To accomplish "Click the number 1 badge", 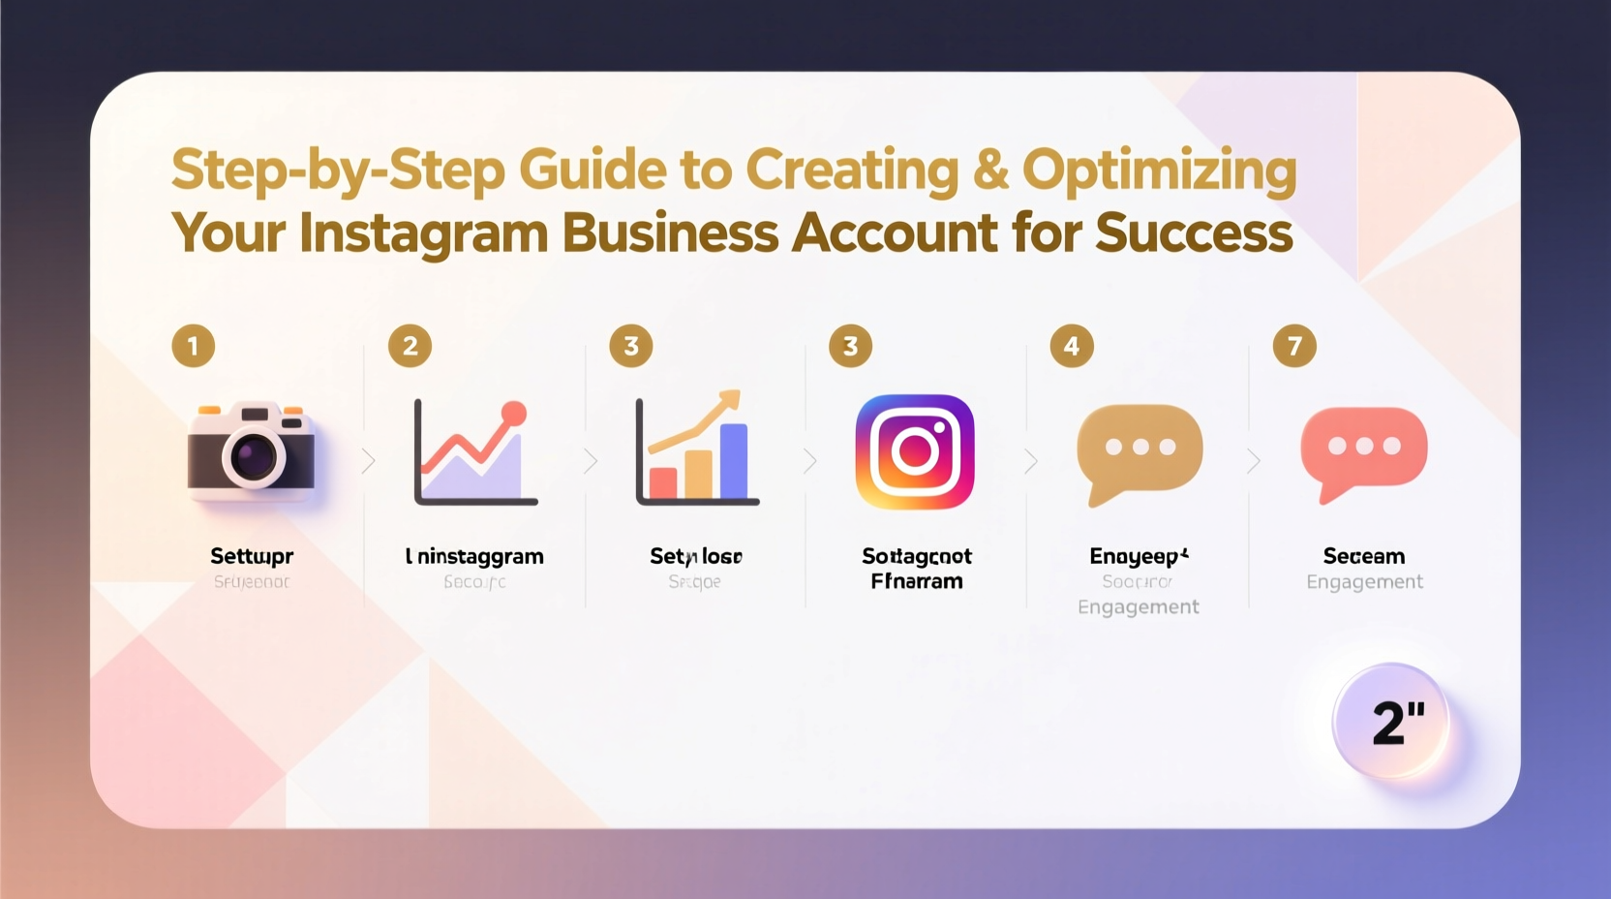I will coord(194,346).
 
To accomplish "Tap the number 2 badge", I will coord(410,346).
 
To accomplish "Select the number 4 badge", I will coord(1072,346).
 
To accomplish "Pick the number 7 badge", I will coord(1294,346).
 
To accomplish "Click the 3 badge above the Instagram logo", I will coord(851,346).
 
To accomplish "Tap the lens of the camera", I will coord(254,454).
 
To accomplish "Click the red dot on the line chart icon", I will coord(514,414).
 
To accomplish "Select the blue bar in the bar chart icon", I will coord(734,460).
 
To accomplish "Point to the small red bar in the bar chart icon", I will coord(663,481).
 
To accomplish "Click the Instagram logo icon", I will coord(915,451).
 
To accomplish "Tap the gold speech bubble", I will coord(1140,449).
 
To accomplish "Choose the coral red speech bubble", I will coord(1363,449).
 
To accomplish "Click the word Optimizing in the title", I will coord(1159,170).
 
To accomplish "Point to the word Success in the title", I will coord(1194,233).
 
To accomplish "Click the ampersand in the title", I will coord(990,170).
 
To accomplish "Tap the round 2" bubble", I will coord(1392,722).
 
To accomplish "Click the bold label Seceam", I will coord(1363,556).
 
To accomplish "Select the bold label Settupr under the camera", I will coord(252,556).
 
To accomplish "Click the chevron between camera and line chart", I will coord(368,461).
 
